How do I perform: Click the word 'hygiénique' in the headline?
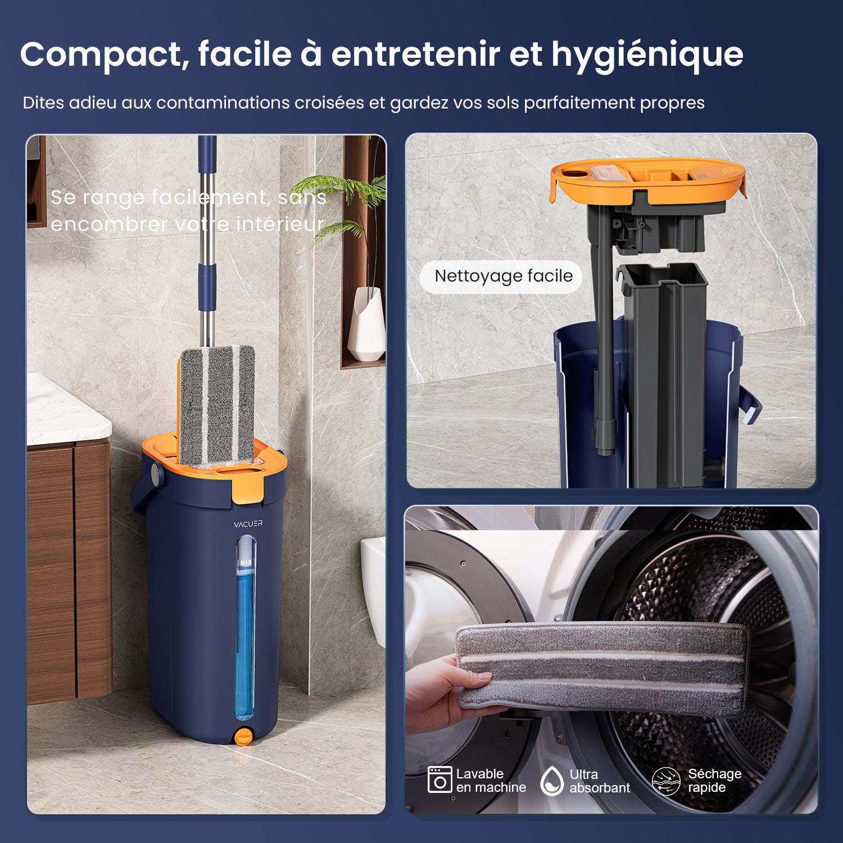click(x=647, y=55)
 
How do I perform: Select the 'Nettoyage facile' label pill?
click(x=502, y=277)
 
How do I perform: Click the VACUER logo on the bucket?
click(x=248, y=524)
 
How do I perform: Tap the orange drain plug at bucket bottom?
click(x=243, y=737)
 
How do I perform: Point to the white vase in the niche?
click(x=366, y=326)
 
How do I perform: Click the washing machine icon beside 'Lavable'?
click(x=439, y=780)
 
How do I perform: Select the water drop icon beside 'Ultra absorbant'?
click(x=551, y=781)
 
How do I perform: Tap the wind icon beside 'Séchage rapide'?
click(x=665, y=781)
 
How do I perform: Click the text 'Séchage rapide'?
click(x=714, y=781)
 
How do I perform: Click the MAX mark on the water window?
click(x=246, y=562)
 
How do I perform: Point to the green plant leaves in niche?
click(x=343, y=197)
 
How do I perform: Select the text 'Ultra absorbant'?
click(x=599, y=781)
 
